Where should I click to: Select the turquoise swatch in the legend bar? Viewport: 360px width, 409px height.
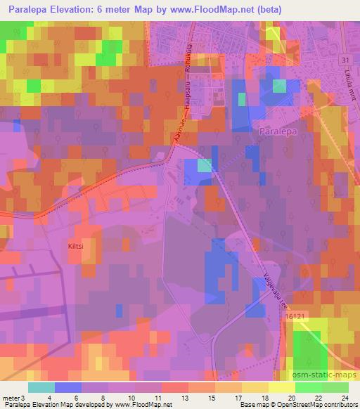click(x=41, y=387)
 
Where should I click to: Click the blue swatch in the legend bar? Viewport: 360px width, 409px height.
click(x=68, y=387)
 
